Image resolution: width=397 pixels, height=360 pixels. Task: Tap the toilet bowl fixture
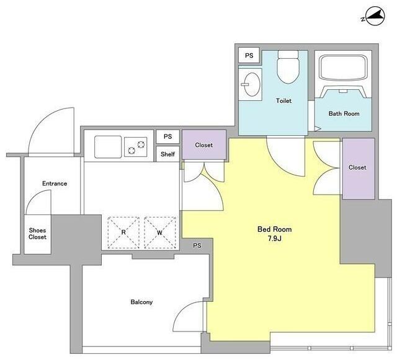click(288, 67)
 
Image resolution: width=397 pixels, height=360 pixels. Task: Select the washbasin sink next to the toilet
click(251, 84)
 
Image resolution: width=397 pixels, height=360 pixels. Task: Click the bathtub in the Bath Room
click(343, 68)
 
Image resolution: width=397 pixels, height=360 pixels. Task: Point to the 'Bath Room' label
click(344, 113)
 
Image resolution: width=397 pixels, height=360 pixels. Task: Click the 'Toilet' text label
click(283, 101)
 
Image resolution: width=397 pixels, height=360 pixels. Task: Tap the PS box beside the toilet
click(249, 55)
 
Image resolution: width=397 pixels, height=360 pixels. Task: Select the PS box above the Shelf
click(167, 136)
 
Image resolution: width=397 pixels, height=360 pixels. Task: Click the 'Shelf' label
click(167, 154)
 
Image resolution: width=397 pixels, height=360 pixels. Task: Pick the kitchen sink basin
click(108, 147)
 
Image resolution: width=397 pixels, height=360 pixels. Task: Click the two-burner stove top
click(136, 147)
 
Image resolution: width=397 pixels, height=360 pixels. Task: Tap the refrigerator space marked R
click(123, 232)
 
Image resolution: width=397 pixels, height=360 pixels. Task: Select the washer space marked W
click(160, 232)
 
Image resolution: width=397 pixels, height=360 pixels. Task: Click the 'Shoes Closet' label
click(37, 234)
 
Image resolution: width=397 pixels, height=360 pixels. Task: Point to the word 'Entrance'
click(55, 183)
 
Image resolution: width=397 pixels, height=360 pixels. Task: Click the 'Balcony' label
click(141, 302)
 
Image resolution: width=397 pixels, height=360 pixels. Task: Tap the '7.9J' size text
click(275, 239)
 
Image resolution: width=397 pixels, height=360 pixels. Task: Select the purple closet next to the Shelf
click(204, 145)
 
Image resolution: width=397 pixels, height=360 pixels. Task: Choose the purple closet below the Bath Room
click(359, 169)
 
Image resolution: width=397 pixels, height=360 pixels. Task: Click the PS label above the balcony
click(197, 245)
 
